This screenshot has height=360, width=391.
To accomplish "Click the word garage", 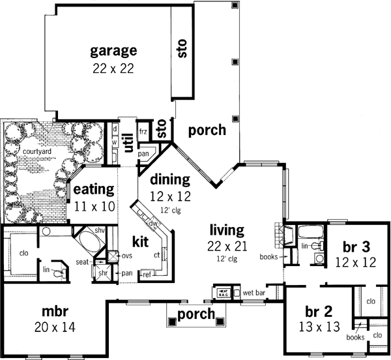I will point(113,50).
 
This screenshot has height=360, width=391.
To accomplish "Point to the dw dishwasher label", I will point(154,224).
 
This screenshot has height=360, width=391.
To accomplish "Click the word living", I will point(226,230).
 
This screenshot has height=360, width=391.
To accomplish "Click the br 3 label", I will point(356,247).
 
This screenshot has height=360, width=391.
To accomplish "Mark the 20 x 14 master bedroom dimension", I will point(54,327).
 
